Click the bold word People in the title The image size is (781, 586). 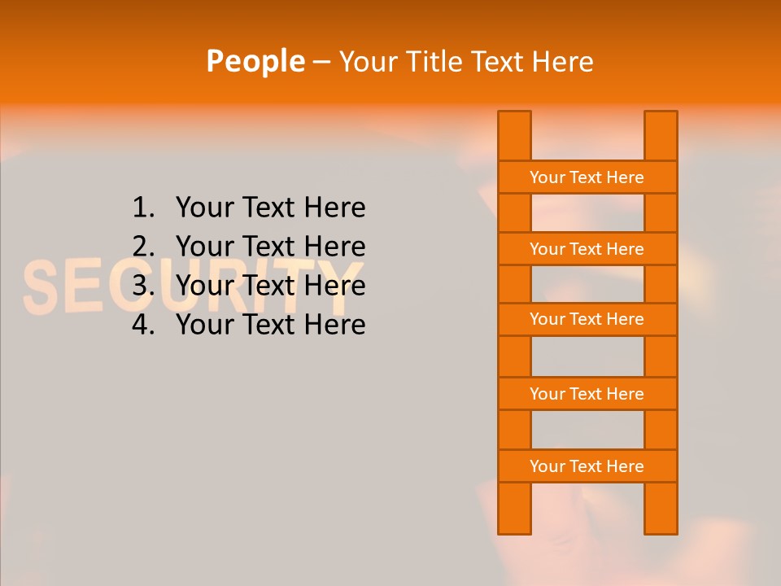coord(255,61)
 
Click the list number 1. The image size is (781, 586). coord(142,208)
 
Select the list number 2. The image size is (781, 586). coord(142,247)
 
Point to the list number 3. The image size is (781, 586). coord(142,286)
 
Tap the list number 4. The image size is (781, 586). coord(142,325)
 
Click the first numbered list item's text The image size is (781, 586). coord(270,208)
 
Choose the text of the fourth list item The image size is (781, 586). coord(270,325)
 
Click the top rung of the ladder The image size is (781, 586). coord(587,177)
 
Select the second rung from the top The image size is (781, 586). coord(587,249)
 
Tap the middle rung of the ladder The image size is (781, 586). coord(587,319)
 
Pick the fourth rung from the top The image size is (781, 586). coord(587,394)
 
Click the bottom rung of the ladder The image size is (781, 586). coord(587,466)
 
